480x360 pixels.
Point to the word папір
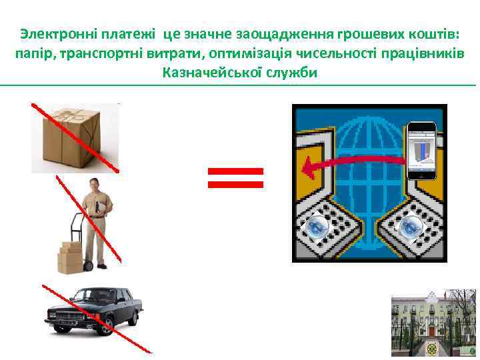click(33, 53)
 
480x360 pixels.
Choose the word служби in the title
click(291, 72)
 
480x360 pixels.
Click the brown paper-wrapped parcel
click(75, 137)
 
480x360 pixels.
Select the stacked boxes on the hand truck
click(69, 257)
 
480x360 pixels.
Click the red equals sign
click(236, 177)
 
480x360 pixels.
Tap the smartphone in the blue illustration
click(421, 151)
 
